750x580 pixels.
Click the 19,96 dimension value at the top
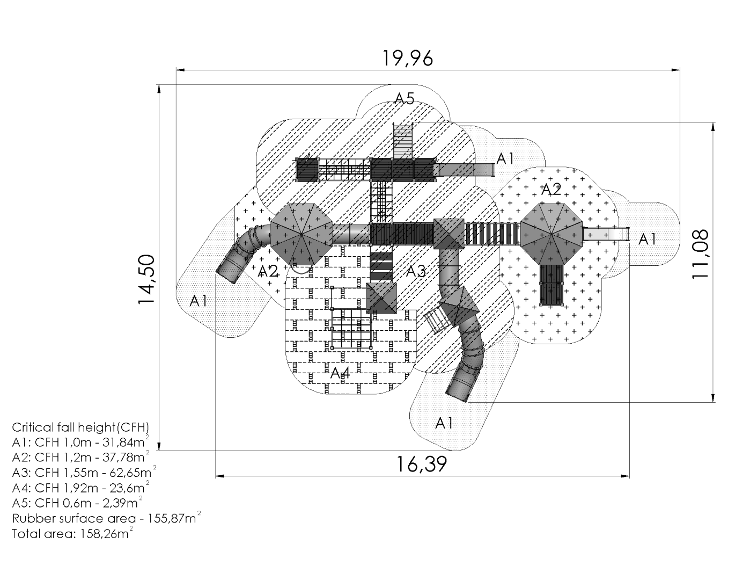408,58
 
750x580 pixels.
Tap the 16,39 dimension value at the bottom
422,464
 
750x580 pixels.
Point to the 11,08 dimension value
700,254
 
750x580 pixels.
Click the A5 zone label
404,98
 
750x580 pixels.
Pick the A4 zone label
340,373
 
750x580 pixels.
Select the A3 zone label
416,271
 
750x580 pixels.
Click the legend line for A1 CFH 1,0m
81,442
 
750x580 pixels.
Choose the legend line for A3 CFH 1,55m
84,472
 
